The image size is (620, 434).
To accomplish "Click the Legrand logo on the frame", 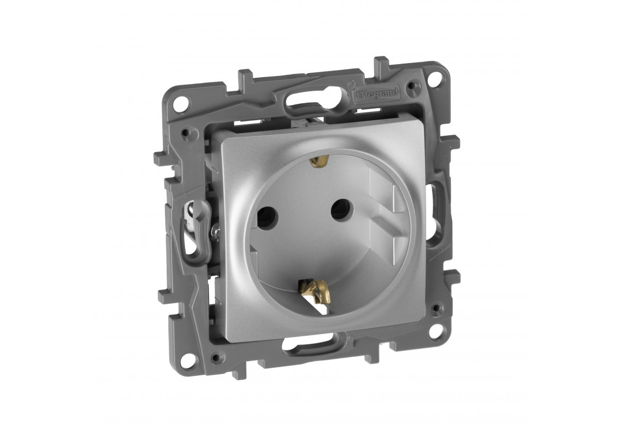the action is [x=377, y=93].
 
